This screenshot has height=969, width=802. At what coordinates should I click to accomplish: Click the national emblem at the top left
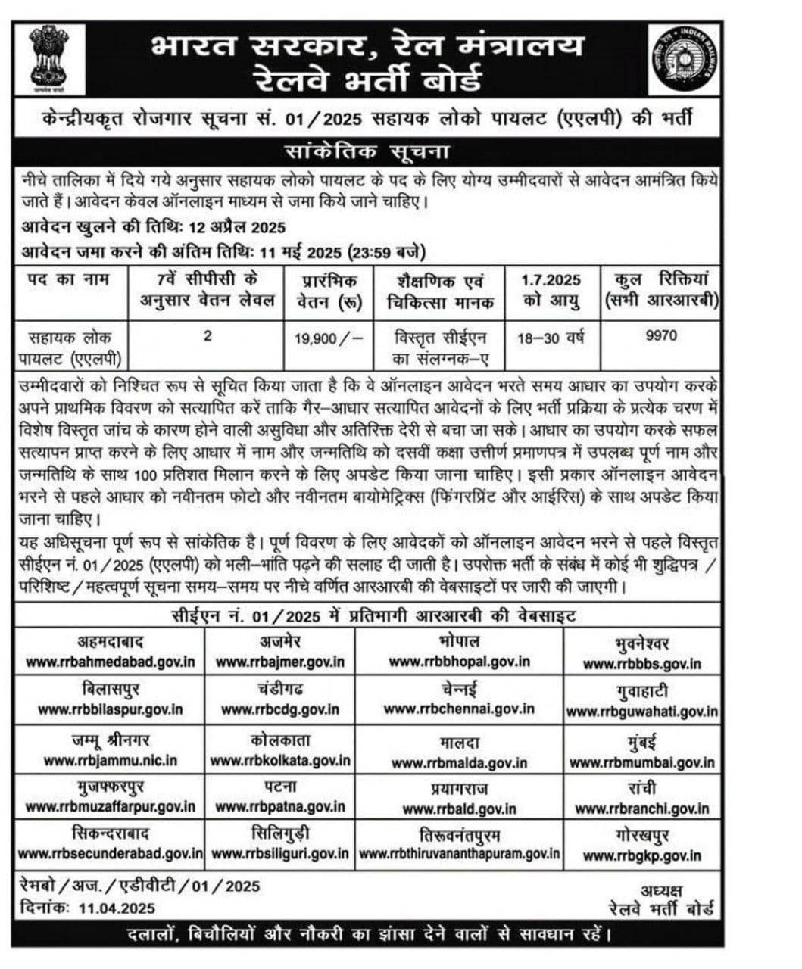(x=48, y=58)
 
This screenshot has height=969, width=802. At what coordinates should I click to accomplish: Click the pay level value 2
(x=208, y=335)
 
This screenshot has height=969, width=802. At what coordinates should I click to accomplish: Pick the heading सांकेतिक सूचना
(x=367, y=151)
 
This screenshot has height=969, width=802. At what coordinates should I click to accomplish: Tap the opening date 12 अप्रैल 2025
(x=238, y=228)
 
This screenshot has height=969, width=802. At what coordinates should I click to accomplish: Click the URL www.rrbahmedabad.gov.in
(x=110, y=662)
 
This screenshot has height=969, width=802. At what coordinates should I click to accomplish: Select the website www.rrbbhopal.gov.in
(x=460, y=662)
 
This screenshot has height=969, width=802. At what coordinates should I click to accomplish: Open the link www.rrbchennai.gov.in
(x=459, y=709)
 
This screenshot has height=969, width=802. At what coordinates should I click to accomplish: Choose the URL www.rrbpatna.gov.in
(x=280, y=808)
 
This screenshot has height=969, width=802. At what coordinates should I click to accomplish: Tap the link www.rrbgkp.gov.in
(x=642, y=856)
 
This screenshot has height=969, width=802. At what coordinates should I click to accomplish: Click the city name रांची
(x=641, y=787)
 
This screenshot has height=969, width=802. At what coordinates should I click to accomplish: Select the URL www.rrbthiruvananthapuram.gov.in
(x=460, y=854)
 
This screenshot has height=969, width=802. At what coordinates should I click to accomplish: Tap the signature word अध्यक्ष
(x=661, y=890)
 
